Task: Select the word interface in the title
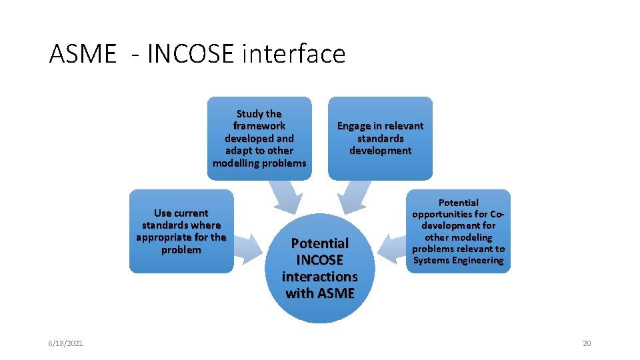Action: (294, 54)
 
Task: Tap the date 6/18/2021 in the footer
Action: (65, 343)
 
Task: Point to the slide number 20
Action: (587, 343)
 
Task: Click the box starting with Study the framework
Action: (259, 138)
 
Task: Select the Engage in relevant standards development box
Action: (380, 138)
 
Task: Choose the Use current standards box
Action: (181, 231)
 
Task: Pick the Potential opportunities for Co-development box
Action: (459, 231)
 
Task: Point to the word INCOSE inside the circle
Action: (320, 260)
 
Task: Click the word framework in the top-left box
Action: (259, 126)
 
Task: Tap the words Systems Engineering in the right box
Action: (459, 260)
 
